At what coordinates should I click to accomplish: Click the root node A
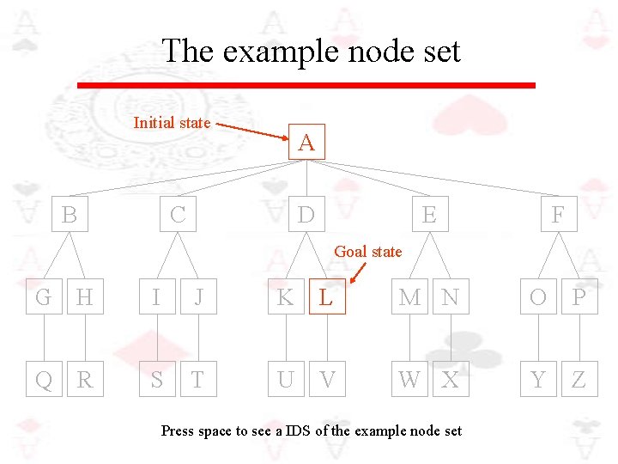point(306,142)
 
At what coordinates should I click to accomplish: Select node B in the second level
point(70,214)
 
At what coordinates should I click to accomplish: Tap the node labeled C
point(178,214)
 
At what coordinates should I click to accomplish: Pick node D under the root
point(306,214)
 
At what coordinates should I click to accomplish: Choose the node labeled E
point(429,214)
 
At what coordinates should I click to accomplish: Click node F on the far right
point(558,214)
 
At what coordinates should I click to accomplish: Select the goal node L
point(326,297)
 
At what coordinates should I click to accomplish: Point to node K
point(286,297)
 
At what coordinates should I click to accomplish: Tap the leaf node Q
point(44,379)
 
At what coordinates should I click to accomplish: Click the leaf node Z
point(579,379)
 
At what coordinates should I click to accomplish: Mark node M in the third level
point(409,297)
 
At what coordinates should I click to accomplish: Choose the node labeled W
point(409,379)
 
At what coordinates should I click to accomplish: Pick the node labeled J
point(198,297)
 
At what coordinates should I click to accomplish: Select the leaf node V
point(327,379)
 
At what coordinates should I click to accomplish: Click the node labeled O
point(538,297)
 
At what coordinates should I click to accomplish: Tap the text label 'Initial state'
point(172,123)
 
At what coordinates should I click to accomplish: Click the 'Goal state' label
point(367,251)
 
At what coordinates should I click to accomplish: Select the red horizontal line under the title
point(306,85)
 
